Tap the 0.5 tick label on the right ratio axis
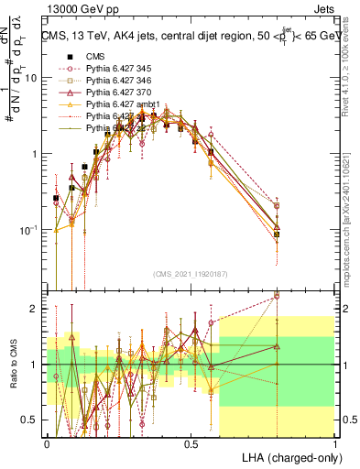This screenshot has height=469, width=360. click(348, 420)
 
